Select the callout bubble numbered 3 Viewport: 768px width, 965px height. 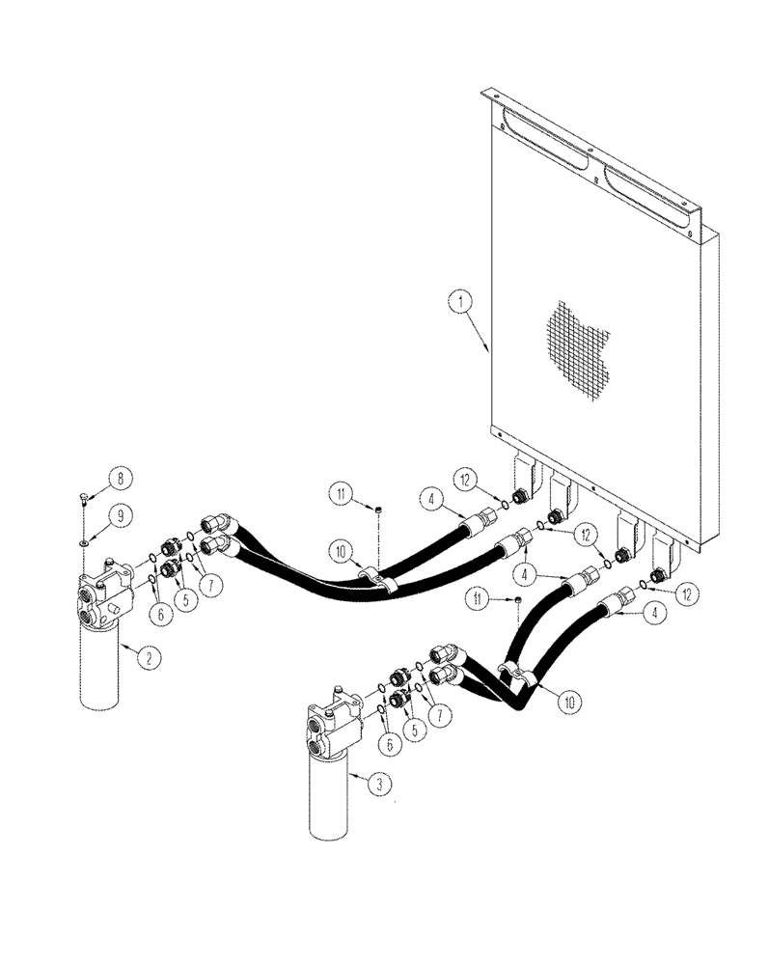pos(379,784)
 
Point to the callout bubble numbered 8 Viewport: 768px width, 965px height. pos(121,478)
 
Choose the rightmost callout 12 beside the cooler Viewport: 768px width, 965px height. pos(687,594)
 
